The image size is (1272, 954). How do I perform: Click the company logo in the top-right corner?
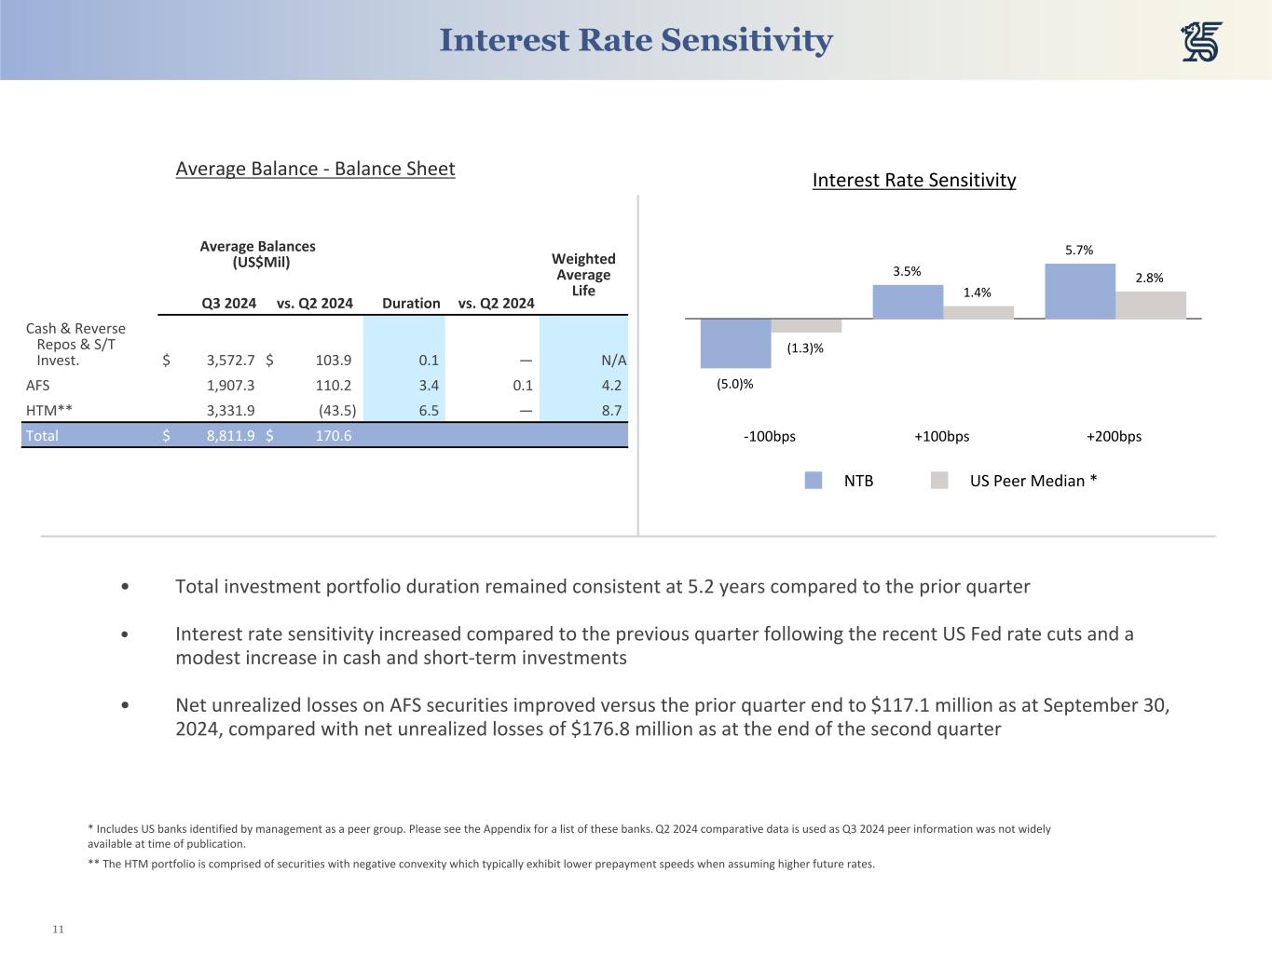pyautogui.click(x=1201, y=42)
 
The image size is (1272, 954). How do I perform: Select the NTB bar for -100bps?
pyautogui.click(x=735, y=343)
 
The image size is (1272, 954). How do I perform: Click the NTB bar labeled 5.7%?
pyautogui.click(x=1080, y=292)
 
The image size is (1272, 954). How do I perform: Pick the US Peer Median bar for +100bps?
pyautogui.click(x=978, y=313)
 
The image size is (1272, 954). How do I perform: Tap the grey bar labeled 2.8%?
pyautogui.click(x=1151, y=306)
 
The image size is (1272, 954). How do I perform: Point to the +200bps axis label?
pyautogui.click(x=1114, y=436)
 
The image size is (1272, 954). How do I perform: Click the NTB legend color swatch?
pyautogui.click(x=814, y=481)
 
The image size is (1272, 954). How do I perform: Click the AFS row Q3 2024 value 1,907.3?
pyautogui.click(x=230, y=386)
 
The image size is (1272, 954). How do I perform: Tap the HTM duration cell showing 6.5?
pyautogui.click(x=429, y=411)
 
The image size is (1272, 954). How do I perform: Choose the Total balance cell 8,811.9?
pyautogui.click(x=230, y=435)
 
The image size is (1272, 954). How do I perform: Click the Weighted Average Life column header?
pyautogui.click(x=583, y=275)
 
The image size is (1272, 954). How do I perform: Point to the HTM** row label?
pyautogui.click(x=49, y=411)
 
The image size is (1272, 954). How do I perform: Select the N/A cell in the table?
pyautogui.click(x=613, y=361)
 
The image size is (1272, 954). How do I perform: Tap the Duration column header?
pyautogui.click(x=411, y=303)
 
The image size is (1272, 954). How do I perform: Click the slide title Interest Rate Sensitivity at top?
pyautogui.click(x=636, y=40)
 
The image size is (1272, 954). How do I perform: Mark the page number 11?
pyautogui.click(x=58, y=930)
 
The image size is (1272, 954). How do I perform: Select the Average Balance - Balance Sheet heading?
pyautogui.click(x=315, y=169)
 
